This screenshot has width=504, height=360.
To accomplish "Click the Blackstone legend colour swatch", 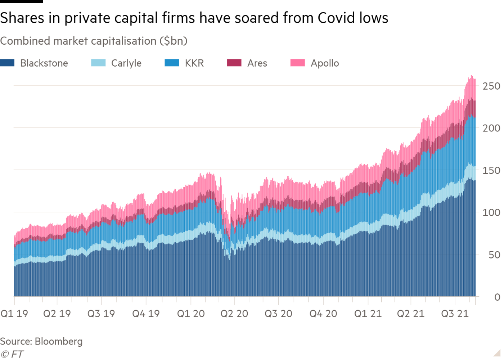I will (x=7, y=63).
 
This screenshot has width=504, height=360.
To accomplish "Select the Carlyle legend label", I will (x=126, y=63).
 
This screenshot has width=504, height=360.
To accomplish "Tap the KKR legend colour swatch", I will (x=171, y=63).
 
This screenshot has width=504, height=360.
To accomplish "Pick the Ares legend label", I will (x=257, y=63).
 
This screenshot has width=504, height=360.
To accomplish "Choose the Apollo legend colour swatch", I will (x=297, y=63).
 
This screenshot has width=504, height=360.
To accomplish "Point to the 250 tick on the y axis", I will (x=491, y=86).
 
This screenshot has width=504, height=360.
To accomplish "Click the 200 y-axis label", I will (x=491, y=128).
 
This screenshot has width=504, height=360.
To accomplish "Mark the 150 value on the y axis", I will (x=491, y=170).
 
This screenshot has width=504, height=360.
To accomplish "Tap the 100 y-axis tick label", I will (x=491, y=212).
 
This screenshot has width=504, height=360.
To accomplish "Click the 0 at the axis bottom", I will (x=497, y=297).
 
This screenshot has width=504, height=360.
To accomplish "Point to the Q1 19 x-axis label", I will (x=14, y=314).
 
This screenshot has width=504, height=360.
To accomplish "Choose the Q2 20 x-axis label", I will (x=234, y=314).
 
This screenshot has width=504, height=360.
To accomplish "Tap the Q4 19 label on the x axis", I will (x=146, y=314).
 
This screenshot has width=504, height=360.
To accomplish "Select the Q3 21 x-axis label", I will (x=455, y=314).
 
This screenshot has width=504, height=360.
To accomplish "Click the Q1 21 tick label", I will (x=368, y=314).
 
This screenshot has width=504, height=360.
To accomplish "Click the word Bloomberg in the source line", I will (x=59, y=341).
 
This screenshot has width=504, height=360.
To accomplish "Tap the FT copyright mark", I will (x=12, y=354).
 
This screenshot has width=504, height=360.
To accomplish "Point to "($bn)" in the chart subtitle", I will (x=173, y=41).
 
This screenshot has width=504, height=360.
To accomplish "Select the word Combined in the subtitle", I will (x=25, y=41).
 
